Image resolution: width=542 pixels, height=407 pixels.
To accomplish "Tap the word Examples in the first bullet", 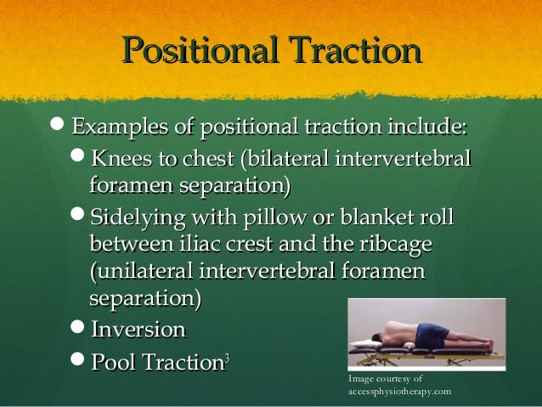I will tap(121, 128).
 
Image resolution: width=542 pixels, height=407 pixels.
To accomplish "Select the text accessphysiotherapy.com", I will tap(399, 392).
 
